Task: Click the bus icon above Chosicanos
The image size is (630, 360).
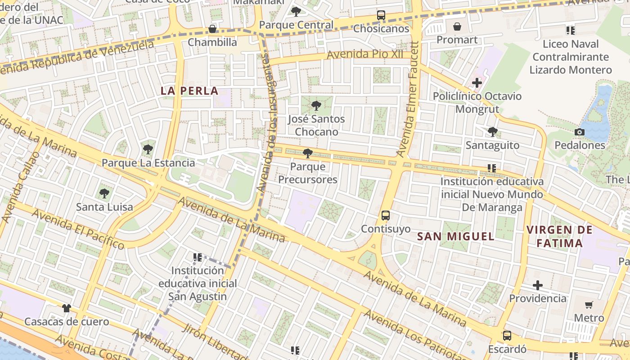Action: (x=381, y=15)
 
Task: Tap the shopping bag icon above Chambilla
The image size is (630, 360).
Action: (x=212, y=29)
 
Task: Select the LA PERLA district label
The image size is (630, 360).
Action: (x=189, y=91)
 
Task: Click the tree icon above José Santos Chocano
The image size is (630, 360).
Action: (x=316, y=106)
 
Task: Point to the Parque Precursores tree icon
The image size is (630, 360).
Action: (x=308, y=153)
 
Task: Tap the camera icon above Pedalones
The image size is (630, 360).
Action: (x=580, y=132)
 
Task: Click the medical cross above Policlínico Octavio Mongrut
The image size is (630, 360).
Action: (x=477, y=83)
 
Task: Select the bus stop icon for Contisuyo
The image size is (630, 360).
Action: (x=386, y=216)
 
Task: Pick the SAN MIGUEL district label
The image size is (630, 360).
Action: (x=455, y=236)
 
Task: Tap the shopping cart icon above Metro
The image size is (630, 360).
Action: (x=589, y=305)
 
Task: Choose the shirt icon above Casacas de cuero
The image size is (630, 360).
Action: (x=67, y=308)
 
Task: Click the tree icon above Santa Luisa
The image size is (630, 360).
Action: (x=104, y=193)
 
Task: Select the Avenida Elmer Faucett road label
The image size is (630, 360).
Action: (x=408, y=99)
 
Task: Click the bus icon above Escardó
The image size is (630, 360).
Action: (x=507, y=336)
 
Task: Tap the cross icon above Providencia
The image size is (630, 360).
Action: (x=538, y=285)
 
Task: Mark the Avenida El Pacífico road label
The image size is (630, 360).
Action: (x=78, y=229)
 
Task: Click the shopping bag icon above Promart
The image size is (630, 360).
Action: (x=457, y=27)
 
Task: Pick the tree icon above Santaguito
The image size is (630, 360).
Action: (x=493, y=132)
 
